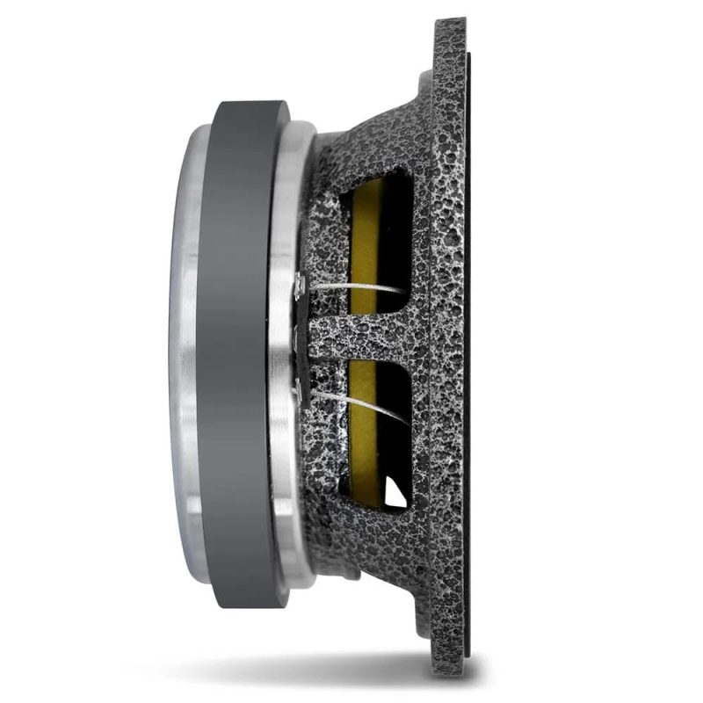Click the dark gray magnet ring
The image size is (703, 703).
click(x=242, y=351)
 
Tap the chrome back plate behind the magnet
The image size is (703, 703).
click(x=186, y=351)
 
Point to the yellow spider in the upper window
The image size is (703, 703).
click(x=363, y=237)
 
